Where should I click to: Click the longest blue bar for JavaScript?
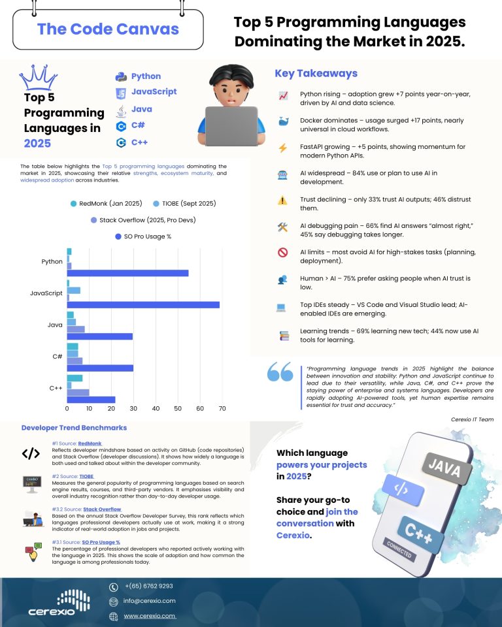click(143, 304)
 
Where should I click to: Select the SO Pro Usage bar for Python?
click(127, 273)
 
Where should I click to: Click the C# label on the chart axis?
click(57, 357)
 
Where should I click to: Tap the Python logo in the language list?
click(121, 76)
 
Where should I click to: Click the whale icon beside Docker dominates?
click(283, 121)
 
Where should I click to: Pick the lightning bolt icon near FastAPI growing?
click(283, 148)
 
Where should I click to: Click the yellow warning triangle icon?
click(283, 201)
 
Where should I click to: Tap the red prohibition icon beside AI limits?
click(283, 253)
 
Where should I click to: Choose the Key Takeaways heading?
click(316, 73)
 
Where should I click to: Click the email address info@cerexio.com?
click(150, 601)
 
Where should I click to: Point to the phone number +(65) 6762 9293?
click(148, 586)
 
